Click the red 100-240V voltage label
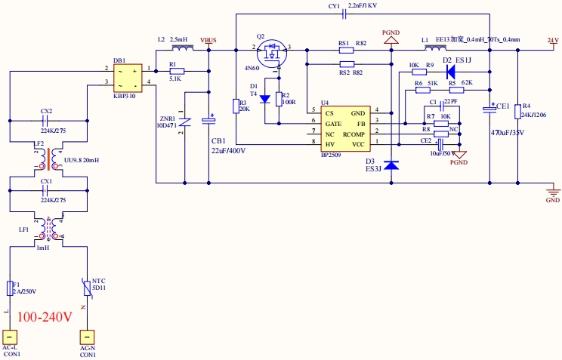(45, 317)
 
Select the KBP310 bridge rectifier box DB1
(129, 75)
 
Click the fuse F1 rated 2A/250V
(9, 288)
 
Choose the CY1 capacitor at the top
(344, 13)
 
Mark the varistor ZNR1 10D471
(184, 122)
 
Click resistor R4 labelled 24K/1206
(517, 109)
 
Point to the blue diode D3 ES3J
(391, 165)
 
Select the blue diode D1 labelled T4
(264, 98)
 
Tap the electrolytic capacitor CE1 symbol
(489, 110)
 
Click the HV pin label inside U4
(329, 143)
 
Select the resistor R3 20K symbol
(236, 105)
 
